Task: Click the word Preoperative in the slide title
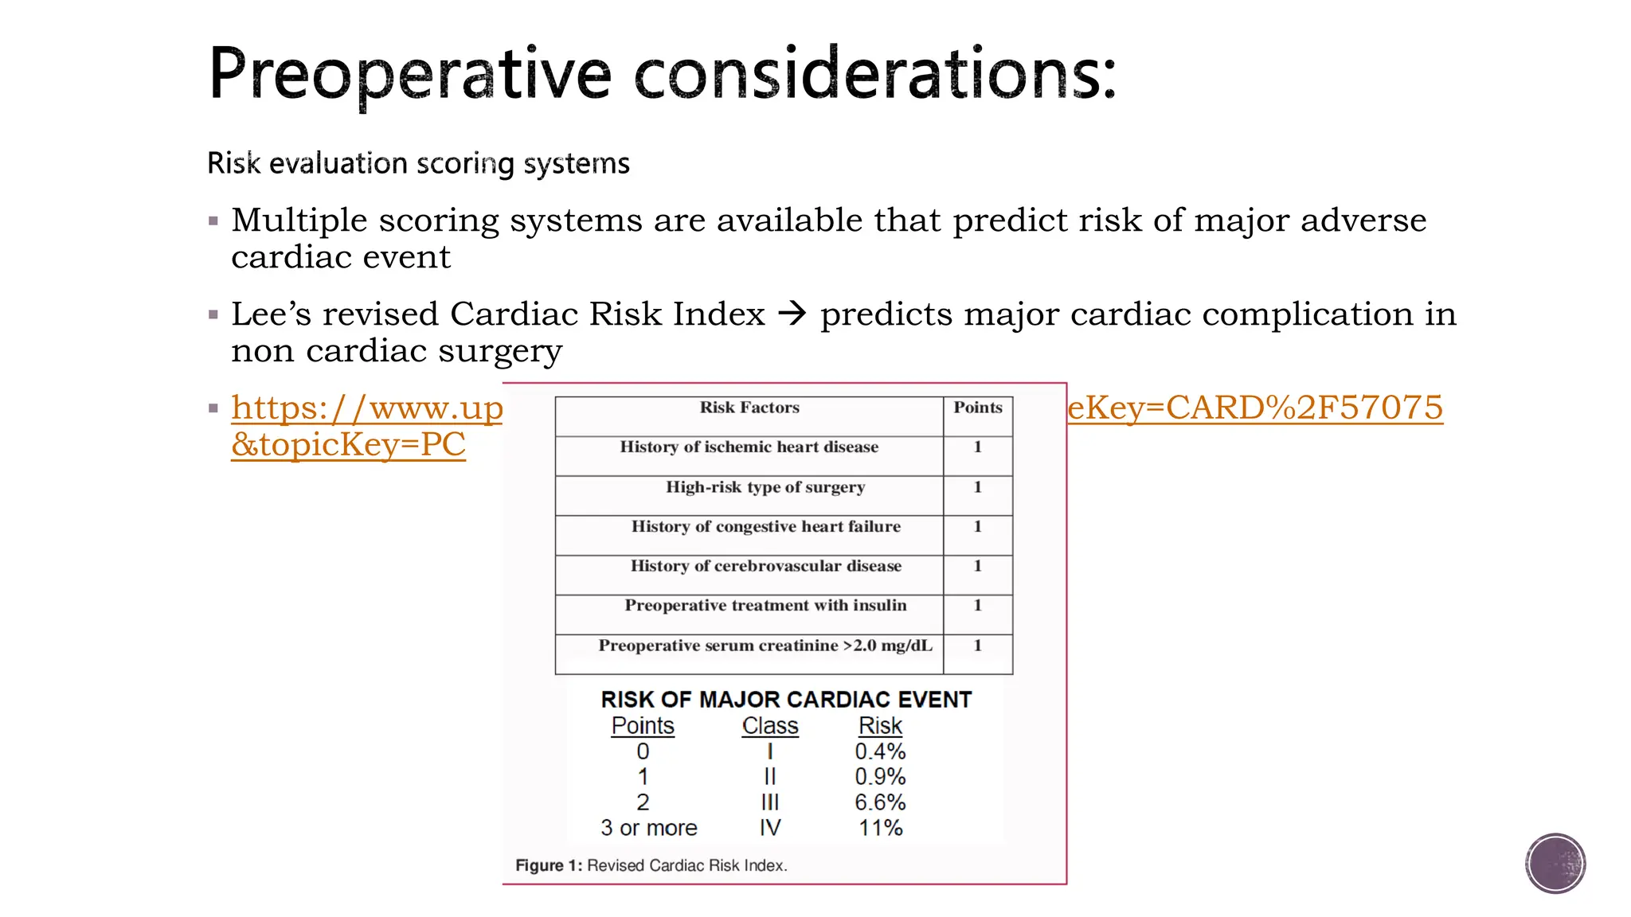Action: click(x=409, y=74)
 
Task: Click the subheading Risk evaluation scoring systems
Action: click(x=418, y=163)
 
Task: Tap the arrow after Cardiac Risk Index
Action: click(x=792, y=314)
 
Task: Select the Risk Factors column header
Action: click(x=749, y=408)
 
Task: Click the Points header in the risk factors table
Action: click(x=977, y=408)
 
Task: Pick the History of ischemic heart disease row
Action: click(x=749, y=447)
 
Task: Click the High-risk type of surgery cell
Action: click(x=765, y=487)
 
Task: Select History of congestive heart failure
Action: click(x=765, y=526)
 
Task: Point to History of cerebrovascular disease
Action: click(x=765, y=566)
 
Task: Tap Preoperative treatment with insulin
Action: click(x=765, y=606)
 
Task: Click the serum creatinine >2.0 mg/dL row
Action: click(x=765, y=646)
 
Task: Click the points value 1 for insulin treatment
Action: click(x=977, y=606)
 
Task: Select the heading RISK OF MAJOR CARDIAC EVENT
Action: click(x=785, y=700)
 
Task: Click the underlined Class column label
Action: click(x=769, y=726)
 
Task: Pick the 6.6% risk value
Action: click(x=880, y=802)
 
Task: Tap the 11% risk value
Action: click(x=880, y=828)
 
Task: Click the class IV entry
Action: click(x=769, y=828)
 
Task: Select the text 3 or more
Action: click(x=648, y=828)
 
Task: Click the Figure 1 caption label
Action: click(x=548, y=865)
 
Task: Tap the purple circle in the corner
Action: click(x=1555, y=863)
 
